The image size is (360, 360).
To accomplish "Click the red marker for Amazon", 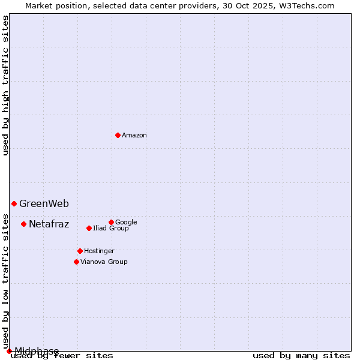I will coord(118,135).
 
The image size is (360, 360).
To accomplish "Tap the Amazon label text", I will coord(134,136).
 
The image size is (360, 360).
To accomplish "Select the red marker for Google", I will coord(111,222).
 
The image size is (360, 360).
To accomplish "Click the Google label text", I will coord(126,223).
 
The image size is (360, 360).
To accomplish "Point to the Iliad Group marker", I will coord(89,228).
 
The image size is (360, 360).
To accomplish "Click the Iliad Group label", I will coord(111,229).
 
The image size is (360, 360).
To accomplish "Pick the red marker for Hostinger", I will coord(80,251).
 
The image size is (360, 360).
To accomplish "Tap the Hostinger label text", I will coord(99,251).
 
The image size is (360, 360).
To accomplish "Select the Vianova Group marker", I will coord(76,262).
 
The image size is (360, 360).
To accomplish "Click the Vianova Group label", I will coord(104,262).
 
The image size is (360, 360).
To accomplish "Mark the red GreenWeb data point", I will coord(14,203).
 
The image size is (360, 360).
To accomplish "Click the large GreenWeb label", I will coord(44,204).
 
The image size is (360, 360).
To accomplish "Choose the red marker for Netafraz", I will coord(23,224).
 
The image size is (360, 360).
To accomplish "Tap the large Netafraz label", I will coord(49,224).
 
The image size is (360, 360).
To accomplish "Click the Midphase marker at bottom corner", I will coord(9,351).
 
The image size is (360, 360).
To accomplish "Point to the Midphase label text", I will coord(37,351).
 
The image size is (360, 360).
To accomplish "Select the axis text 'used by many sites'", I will coord(301,355).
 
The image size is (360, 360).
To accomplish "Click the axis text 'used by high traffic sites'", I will coord(6,85).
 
